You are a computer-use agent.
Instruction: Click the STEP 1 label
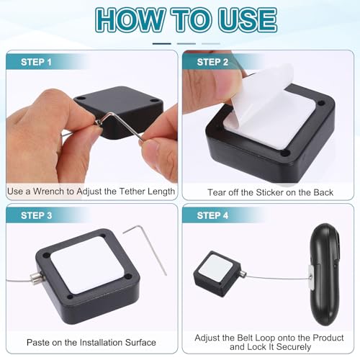coord(36,62)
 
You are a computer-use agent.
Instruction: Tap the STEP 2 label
coord(212,62)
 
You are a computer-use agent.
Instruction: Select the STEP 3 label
coord(36,215)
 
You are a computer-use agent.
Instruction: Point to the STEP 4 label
coord(212,215)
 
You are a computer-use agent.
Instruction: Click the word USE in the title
coord(248,20)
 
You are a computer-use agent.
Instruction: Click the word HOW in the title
coord(130,20)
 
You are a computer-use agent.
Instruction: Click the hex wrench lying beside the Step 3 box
coord(145,250)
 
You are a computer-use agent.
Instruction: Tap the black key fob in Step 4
coord(325,274)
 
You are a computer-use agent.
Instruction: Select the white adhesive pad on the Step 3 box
coord(87,265)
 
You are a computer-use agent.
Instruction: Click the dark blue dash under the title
coord(161,44)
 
